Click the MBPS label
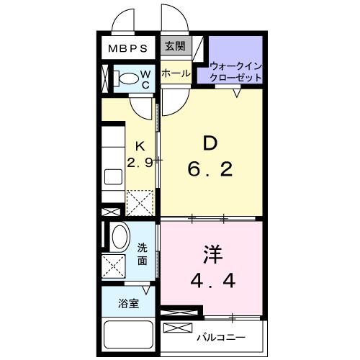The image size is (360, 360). (x=128, y=50)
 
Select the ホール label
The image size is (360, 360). (x=175, y=73)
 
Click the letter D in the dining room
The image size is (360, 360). (x=209, y=144)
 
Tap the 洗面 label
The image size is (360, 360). (x=143, y=253)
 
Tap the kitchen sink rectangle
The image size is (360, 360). (x=113, y=176)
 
